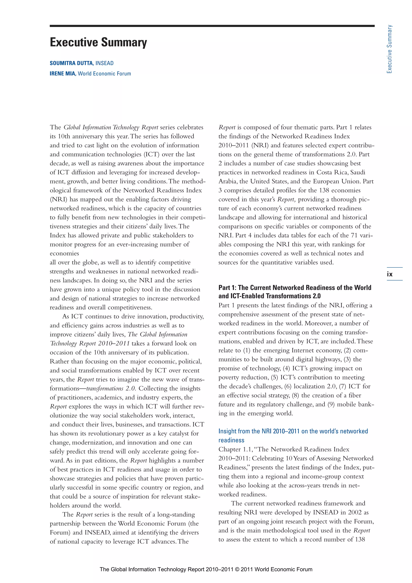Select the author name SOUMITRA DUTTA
tap(72, 63)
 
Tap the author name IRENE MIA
tap(63, 74)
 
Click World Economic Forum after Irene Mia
tap(104, 74)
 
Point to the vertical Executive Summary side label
tap(389, 49)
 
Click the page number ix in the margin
tap(389, 274)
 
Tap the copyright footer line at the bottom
tap(206, 569)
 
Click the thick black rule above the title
tap(212, 26)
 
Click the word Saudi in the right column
tap(358, 172)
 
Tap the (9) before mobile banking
tap(331, 404)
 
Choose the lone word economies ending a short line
tap(64, 253)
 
